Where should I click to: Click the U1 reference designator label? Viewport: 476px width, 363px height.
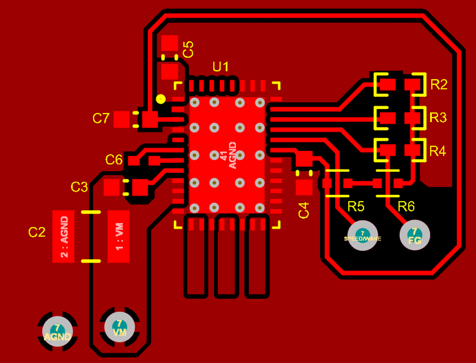[x=220, y=67]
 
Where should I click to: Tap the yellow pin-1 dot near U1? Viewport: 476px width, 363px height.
[x=161, y=99]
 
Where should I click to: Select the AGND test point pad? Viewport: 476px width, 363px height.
[x=57, y=332]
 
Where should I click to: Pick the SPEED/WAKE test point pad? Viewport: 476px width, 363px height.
[x=363, y=236]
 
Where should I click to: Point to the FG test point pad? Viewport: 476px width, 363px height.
[x=414, y=236]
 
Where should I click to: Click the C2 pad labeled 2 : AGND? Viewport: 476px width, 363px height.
[x=63, y=237]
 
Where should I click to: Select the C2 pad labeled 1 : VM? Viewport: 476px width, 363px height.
[x=119, y=237]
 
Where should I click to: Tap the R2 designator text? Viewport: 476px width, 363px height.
[x=439, y=85]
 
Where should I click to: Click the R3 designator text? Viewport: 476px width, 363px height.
[x=438, y=118]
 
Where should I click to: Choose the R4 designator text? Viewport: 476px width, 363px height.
[x=438, y=151]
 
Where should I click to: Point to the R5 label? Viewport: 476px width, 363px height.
[x=356, y=207]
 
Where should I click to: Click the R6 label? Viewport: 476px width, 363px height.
[x=406, y=207]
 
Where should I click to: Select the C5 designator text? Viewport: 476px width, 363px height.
[x=188, y=49]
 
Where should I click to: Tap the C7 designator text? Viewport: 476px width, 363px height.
[x=101, y=119]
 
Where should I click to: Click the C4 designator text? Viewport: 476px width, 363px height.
[x=304, y=210]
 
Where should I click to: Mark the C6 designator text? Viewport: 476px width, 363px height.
[x=114, y=160]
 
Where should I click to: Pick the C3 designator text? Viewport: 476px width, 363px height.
[x=79, y=187]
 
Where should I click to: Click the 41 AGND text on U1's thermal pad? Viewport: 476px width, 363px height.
[x=228, y=155]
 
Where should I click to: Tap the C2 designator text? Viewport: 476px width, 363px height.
[x=37, y=232]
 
